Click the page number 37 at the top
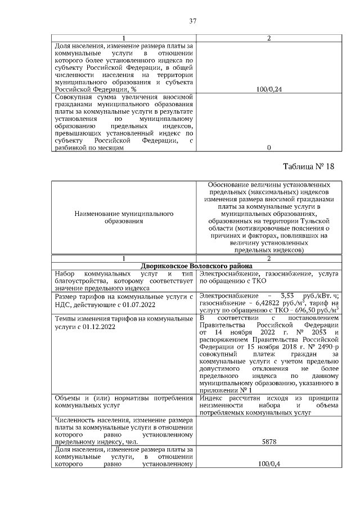point(192,21)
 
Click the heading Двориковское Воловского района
point(196,266)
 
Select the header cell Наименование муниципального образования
point(123,218)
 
